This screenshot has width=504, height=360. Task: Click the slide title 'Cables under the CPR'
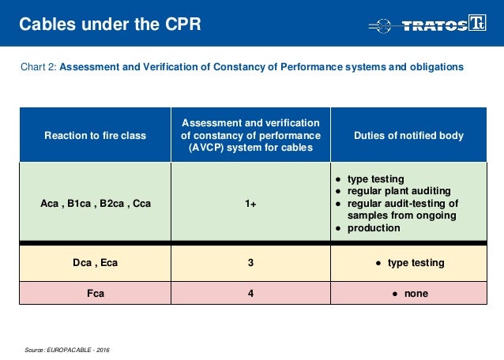click(x=111, y=24)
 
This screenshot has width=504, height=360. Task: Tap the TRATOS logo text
click(x=435, y=25)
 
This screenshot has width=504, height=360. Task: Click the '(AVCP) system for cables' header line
click(x=250, y=149)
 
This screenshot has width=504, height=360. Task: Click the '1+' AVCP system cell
click(x=250, y=203)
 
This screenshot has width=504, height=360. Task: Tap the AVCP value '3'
click(x=250, y=263)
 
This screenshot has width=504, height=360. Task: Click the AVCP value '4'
click(x=250, y=293)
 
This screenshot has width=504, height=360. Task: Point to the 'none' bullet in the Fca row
click(x=415, y=293)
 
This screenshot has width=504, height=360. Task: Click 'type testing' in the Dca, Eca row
click(x=416, y=263)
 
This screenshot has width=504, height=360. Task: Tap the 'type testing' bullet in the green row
click(x=376, y=178)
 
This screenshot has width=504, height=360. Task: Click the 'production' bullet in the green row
click(x=374, y=228)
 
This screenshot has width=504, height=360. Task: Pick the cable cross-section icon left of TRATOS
click(x=384, y=25)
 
